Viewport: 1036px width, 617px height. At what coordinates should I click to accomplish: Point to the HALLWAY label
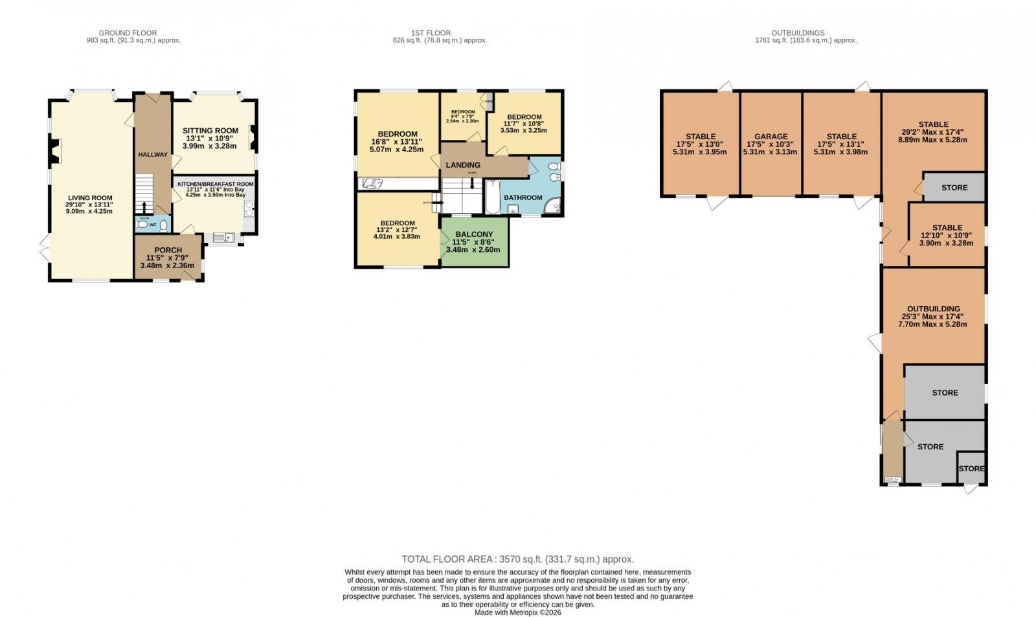[x=153, y=154]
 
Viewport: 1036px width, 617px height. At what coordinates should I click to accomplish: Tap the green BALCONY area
[x=473, y=241]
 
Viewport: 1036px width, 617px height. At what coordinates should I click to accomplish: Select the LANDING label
[x=463, y=165]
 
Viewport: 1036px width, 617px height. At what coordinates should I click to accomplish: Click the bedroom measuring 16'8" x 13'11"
[x=397, y=135]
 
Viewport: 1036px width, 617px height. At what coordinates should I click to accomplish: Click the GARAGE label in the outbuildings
[x=771, y=137]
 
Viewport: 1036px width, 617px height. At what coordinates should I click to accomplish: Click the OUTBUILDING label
[x=933, y=309]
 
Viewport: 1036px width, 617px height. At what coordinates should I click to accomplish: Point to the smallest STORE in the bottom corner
[x=971, y=469]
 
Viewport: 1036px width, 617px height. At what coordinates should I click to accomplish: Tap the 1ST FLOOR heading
[x=431, y=33]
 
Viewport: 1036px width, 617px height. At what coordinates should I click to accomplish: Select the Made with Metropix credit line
[x=517, y=612]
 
